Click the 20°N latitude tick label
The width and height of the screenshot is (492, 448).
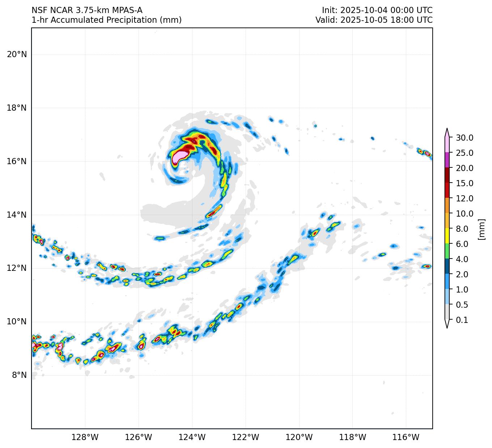tap(17, 55)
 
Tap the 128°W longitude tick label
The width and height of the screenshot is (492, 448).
tap(85, 437)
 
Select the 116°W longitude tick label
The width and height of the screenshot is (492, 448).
tap(406, 437)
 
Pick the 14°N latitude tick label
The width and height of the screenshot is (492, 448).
tap(17, 215)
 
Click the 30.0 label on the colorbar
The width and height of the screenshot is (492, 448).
tap(465, 138)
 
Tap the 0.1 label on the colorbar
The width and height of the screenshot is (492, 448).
tap(462, 320)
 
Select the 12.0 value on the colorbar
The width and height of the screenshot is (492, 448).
tap(465, 199)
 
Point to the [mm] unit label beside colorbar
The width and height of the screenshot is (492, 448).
tap(481, 229)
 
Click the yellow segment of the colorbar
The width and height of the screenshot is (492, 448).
tap(447, 236)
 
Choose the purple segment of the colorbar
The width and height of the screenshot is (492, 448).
tap(447, 160)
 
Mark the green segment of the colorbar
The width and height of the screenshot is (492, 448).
tap(447, 251)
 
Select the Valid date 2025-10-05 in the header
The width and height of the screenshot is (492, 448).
tap(360, 20)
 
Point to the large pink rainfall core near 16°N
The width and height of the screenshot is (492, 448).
tap(180, 157)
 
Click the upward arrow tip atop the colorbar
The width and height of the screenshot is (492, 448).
tap(447, 129)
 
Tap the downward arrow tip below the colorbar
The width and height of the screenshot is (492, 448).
tap(447, 327)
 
